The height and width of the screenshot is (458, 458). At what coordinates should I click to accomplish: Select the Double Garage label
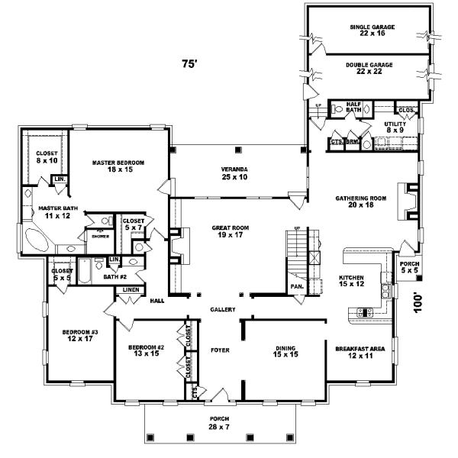(369, 69)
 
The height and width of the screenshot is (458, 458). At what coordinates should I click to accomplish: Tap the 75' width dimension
(189, 65)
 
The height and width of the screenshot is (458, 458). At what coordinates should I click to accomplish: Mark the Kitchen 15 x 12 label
(351, 282)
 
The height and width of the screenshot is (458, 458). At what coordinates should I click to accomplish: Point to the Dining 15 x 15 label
(285, 353)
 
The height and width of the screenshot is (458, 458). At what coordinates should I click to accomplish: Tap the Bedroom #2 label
(145, 353)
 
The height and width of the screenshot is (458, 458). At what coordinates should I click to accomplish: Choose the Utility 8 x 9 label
(395, 127)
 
